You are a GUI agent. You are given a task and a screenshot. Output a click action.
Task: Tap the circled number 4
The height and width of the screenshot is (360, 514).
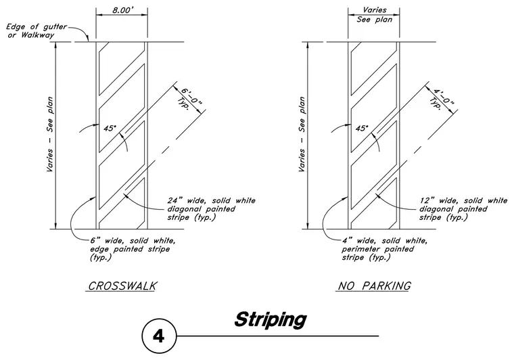159,336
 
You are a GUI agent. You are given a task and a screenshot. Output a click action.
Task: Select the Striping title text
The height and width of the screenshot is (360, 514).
271,320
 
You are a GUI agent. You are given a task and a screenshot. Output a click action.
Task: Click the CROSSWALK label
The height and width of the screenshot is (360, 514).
122,286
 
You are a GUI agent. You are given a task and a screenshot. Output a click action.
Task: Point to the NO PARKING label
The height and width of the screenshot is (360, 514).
374,286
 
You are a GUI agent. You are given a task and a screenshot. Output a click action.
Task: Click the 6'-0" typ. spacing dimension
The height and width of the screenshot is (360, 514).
189,97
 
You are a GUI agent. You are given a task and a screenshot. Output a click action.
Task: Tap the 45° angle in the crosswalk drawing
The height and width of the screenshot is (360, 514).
110,128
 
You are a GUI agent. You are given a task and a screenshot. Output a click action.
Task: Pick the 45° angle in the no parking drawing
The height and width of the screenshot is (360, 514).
362,128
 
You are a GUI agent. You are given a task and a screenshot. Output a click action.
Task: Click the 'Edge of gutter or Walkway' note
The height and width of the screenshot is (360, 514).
36,31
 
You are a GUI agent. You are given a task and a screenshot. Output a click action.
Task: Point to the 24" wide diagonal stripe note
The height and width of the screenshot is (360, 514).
212,209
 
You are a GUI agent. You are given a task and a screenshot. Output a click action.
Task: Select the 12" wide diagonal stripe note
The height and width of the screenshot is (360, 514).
463,209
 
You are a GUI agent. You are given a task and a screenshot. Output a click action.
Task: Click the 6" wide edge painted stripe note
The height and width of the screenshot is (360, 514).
133,249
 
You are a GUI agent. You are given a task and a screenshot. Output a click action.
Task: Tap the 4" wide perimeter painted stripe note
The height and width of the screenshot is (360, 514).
385,249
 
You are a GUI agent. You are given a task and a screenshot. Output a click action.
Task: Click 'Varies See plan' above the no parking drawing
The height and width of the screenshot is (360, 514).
375,15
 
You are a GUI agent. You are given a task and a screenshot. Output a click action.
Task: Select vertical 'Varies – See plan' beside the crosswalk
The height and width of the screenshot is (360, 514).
49,134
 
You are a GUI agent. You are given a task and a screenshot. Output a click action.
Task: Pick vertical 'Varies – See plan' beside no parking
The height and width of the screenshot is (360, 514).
302,134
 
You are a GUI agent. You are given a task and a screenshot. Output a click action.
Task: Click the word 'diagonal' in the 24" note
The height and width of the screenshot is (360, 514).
183,209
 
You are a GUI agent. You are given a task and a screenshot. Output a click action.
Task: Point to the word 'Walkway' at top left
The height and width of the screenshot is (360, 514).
37,35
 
